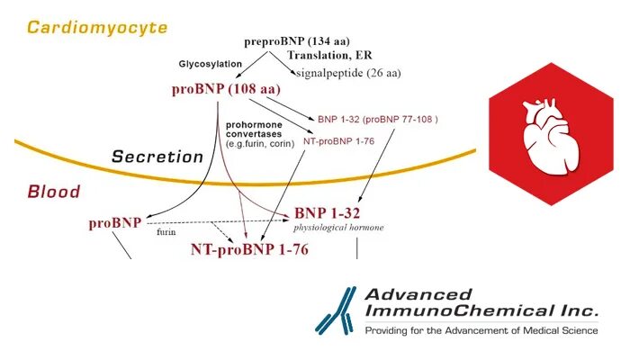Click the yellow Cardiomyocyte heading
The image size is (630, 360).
[97, 27]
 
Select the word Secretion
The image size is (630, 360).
[157, 157]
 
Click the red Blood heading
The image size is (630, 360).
[54, 192]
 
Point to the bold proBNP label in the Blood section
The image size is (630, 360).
[114, 222]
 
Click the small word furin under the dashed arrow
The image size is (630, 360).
[166, 232]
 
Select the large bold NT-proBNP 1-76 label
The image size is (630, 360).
[249, 249]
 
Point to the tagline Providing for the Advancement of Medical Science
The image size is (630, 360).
[481, 330]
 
